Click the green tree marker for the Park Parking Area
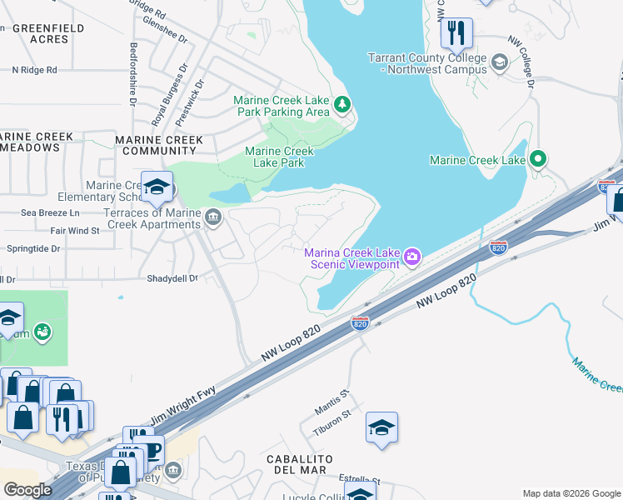[x=342, y=105]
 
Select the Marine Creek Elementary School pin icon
[x=156, y=187]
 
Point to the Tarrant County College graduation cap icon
[x=499, y=62]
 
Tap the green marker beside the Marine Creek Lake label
[x=538, y=158]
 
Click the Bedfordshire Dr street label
[x=132, y=73]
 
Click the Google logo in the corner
[x=27, y=489]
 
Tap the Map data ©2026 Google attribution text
[x=571, y=493]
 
